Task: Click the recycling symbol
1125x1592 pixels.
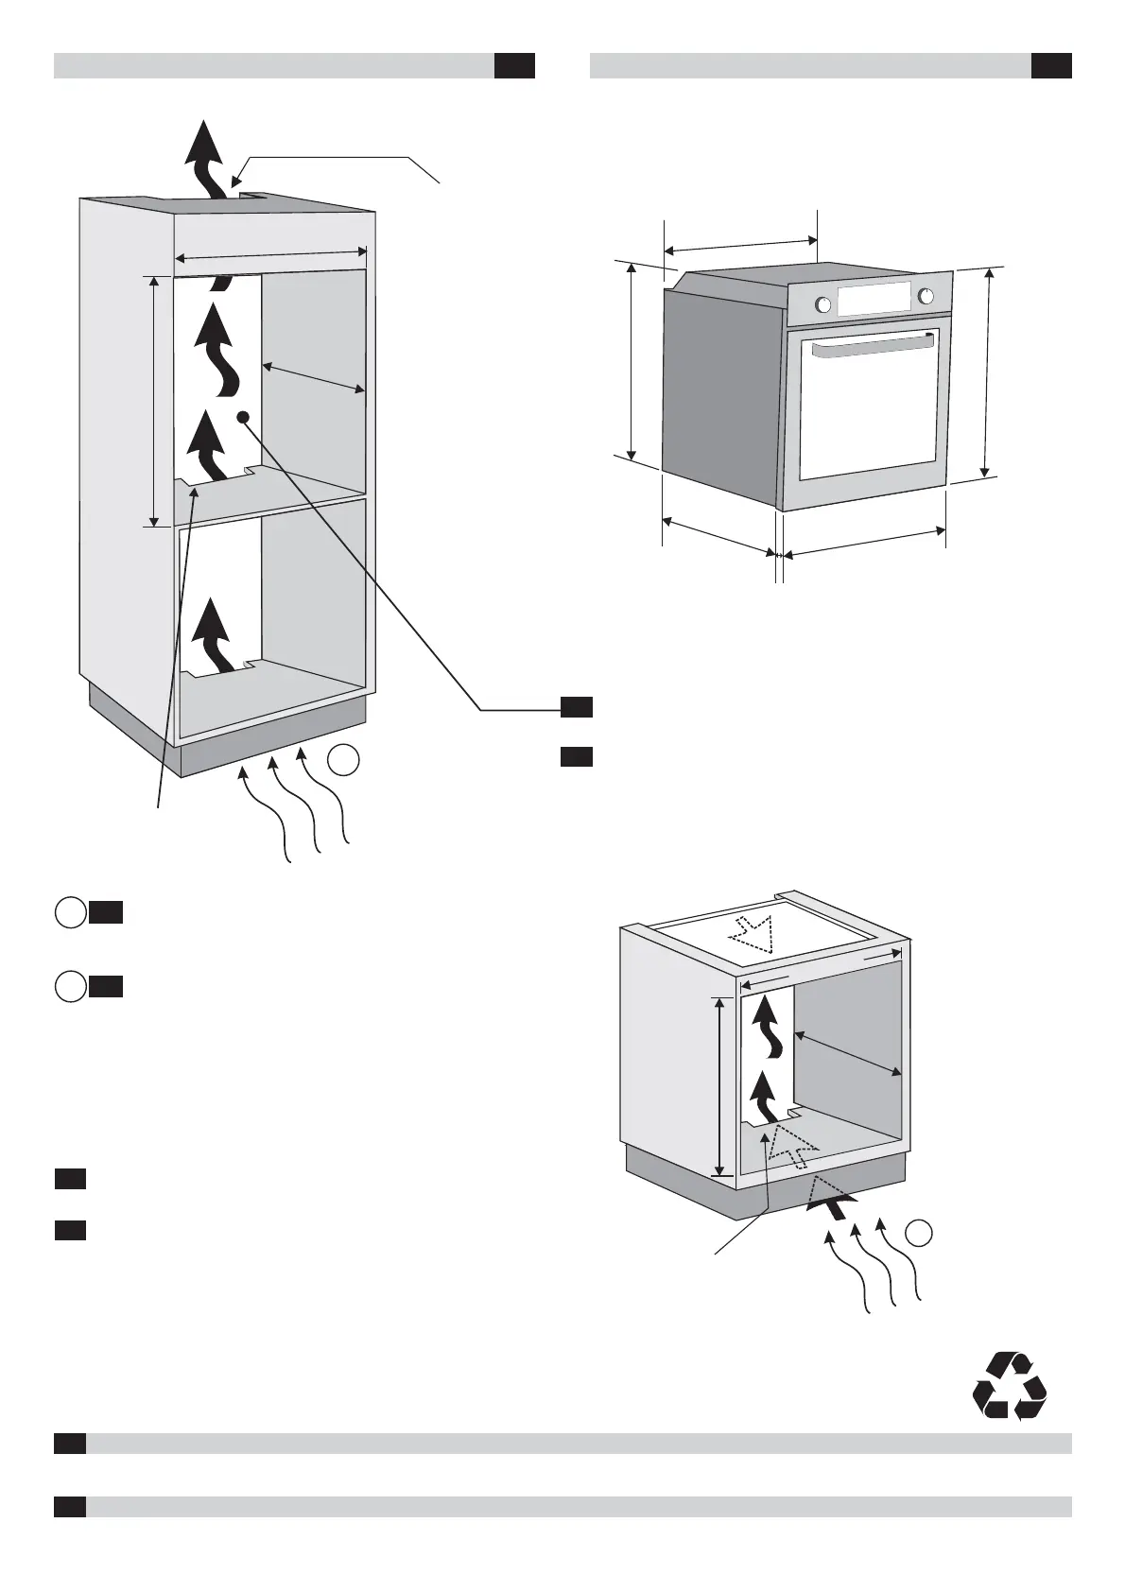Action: pyautogui.click(x=1010, y=1386)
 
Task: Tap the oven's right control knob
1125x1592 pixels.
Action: pyautogui.click(x=926, y=296)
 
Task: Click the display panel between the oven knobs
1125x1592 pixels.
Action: pyautogui.click(x=874, y=300)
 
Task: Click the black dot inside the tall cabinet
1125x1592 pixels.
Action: pyautogui.click(x=243, y=416)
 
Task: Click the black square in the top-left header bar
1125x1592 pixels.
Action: pyautogui.click(x=514, y=65)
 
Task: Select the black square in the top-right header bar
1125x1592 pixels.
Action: pyautogui.click(x=1050, y=65)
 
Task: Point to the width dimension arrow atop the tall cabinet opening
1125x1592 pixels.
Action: pyautogui.click(x=271, y=253)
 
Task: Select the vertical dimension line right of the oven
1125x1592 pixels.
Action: pyautogui.click(x=988, y=372)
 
